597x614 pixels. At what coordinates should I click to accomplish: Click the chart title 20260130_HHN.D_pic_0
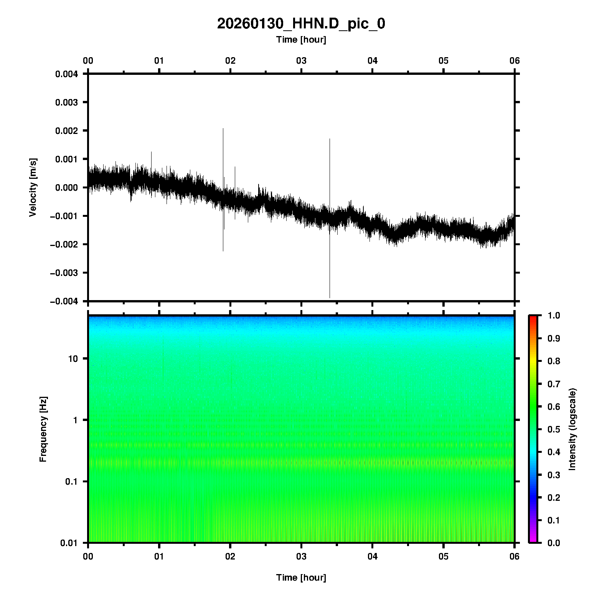301,24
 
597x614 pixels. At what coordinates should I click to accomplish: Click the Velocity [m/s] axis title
33,187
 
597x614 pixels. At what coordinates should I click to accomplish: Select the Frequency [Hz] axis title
43,429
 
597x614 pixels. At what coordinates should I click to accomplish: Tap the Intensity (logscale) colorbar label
572,429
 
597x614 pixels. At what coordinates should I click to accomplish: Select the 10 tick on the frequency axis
73,359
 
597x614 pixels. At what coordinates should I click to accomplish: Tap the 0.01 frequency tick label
69,543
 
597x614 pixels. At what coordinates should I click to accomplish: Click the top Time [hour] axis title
301,40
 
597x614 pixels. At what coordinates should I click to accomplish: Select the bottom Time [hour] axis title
301,578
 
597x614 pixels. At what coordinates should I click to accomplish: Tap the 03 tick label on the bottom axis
302,556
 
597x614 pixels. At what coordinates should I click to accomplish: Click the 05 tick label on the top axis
444,61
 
